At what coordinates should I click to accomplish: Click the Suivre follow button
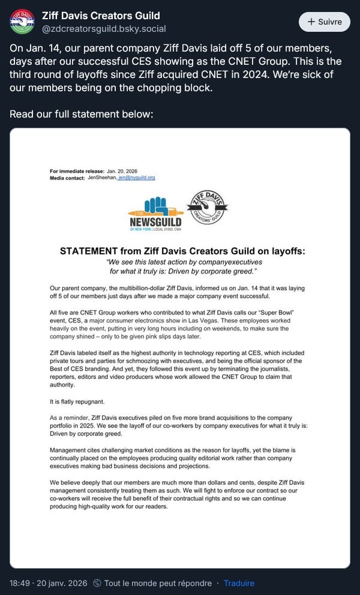coord(325,22)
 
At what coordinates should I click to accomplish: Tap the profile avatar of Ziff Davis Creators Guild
coord(22,22)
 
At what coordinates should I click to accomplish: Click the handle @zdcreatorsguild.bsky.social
coord(104,29)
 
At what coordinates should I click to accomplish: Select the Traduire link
coord(239,583)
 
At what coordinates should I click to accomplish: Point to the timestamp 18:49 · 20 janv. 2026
coord(49,583)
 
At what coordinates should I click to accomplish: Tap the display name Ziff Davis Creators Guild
coord(101,15)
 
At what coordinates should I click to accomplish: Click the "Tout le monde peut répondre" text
coord(158,583)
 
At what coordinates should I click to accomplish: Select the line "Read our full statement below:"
coord(82,113)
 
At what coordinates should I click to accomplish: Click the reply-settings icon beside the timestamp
coord(98,583)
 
